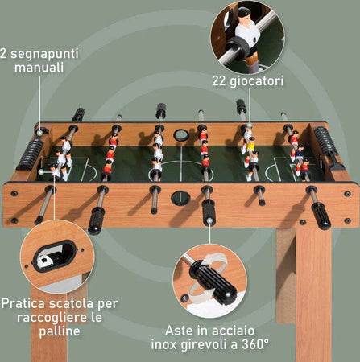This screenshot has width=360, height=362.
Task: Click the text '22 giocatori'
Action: click(x=248, y=80)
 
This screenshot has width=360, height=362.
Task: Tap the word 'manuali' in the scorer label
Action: click(x=38, y=68)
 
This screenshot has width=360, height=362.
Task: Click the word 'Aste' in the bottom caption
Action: click(x=182, y=330)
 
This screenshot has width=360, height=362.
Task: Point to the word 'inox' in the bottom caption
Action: click(x=168, y=345)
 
